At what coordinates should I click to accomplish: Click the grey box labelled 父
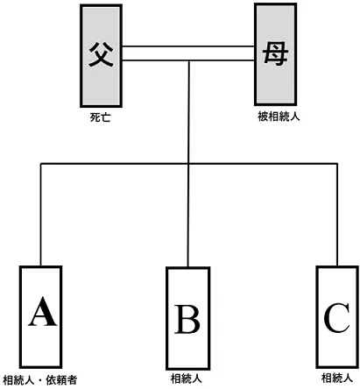(101, 56)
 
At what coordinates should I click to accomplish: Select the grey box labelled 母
(276, 54)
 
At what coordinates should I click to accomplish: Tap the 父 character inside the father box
(101, 54)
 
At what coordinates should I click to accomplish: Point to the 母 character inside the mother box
(276, 53)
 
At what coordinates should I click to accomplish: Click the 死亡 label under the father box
(100, 117)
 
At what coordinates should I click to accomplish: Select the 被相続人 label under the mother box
(279, 117)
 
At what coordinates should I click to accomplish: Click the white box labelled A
(40, 317)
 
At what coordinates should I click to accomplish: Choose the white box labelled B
(188, 318)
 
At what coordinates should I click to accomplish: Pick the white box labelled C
(337, 317)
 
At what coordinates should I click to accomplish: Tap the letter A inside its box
(42, 312)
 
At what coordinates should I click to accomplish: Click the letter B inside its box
(187, 319)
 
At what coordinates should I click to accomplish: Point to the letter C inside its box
(336, 318)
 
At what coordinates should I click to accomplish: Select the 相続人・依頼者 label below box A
(40, 380)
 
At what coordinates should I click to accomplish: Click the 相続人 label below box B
(187, 378)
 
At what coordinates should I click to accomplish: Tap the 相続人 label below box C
(337, 378)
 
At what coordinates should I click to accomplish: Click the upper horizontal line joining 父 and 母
(188, 46)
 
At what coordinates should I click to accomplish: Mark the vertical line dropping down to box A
(41, 215)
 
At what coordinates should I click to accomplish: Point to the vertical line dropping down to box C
(337, 215)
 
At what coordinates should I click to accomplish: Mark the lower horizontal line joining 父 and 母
(188, 60)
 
